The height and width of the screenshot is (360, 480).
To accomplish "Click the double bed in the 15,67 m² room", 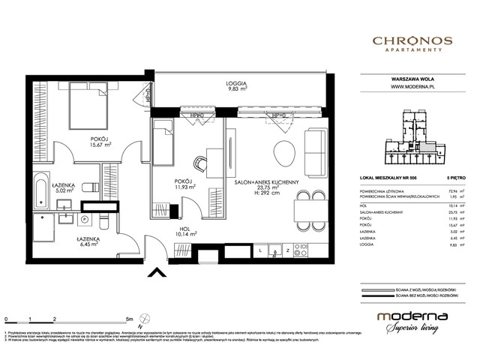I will (x=91, y=106).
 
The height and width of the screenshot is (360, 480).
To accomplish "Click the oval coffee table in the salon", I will (x=284, y=152).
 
